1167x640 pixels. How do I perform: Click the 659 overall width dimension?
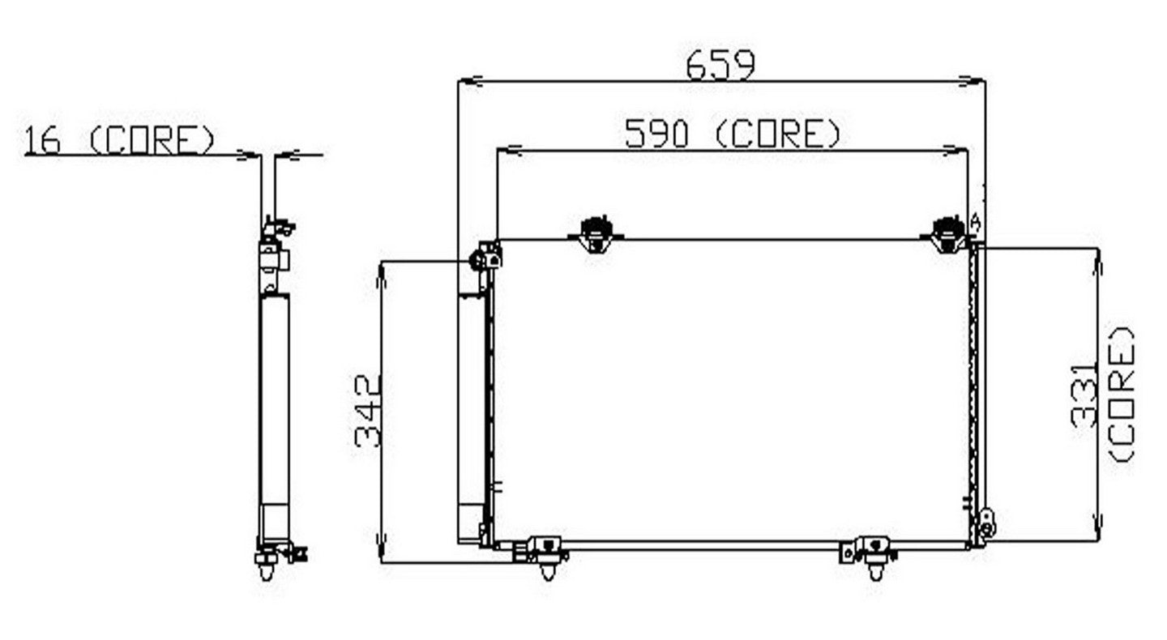click(720, 65)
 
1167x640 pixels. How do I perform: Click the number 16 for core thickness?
click(42, 140)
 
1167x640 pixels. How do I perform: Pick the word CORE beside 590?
click(778, 134)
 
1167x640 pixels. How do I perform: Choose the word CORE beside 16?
click(152, 140)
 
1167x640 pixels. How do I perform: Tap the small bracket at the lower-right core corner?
click(986, 522)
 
